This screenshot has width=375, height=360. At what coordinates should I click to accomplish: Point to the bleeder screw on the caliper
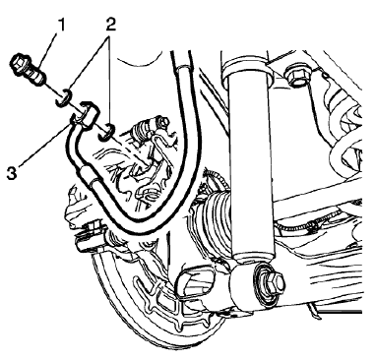tap(149, 126)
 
